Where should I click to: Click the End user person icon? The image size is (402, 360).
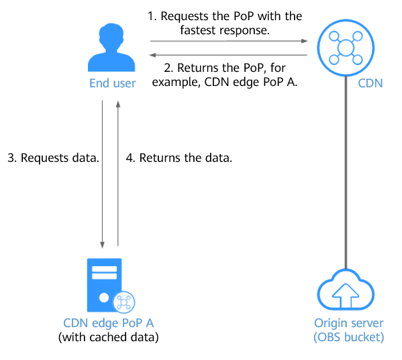tap(111, 48)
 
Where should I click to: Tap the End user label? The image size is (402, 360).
tap(112, 83)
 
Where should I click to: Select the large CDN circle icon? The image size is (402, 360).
tap(346, 48)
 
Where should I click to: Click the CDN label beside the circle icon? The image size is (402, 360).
tap(370, 83)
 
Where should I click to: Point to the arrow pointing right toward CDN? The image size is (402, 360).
tap(229, 41)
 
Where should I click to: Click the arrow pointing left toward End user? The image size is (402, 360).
tap(228, 55)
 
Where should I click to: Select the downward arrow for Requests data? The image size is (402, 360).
tap(102, 175)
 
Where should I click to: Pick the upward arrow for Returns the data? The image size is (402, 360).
tap(118, 173)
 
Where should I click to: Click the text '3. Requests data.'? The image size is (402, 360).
tap(53, 158)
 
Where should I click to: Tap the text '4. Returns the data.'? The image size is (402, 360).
tap(179, 158)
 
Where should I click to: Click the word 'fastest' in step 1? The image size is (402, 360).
tap(198, 30)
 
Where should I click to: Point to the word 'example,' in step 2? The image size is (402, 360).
tap(177, 83)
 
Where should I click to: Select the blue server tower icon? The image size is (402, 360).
tap(104, 285)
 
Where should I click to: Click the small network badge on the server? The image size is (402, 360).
tap(124, 302)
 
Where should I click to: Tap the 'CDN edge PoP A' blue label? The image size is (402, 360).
tap(109, 323)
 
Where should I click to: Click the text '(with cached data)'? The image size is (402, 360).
tap(109, 337)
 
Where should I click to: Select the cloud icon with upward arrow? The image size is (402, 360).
tap(346, 290)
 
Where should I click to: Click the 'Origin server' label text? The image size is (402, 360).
tap(349, 323)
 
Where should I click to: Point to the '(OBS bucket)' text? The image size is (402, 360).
tap(349, 337)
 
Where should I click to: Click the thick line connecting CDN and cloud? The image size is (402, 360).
tap(346, 173)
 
